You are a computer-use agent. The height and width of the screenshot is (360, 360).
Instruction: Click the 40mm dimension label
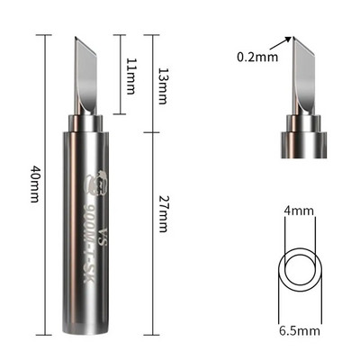pos(34,184)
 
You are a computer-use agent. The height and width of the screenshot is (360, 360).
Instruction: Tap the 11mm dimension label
pos(130,76)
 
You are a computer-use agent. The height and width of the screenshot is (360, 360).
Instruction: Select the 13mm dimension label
pos(162,85)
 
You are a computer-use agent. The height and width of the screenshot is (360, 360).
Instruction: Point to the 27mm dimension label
pos(162,214)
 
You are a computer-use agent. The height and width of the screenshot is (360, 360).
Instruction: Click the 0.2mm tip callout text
pos(257,57)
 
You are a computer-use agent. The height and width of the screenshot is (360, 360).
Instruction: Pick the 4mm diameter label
pos(299,211)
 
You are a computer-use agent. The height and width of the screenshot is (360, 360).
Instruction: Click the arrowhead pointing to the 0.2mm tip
pos(288,40)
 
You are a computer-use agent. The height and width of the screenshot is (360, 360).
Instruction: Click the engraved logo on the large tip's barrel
pos(96,184)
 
